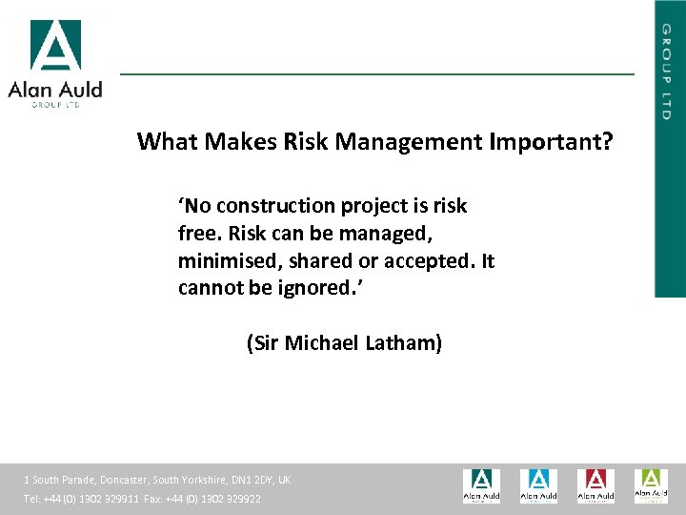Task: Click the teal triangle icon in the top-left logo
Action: click(55, 46)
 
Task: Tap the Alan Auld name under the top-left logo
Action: click(55, 90)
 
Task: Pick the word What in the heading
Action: click(164, 142)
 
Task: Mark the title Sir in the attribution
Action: click(265, 343)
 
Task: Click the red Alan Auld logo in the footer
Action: click(595, 485)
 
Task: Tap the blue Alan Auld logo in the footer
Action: click(538, 485)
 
